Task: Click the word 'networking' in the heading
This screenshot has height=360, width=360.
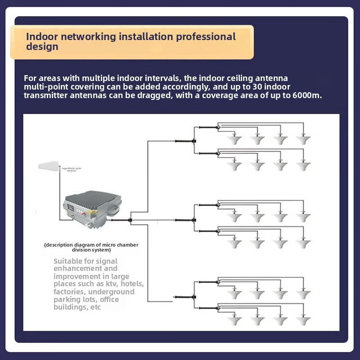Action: coord(81,36)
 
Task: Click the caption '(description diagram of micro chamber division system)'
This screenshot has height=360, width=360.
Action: coord(91,247)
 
